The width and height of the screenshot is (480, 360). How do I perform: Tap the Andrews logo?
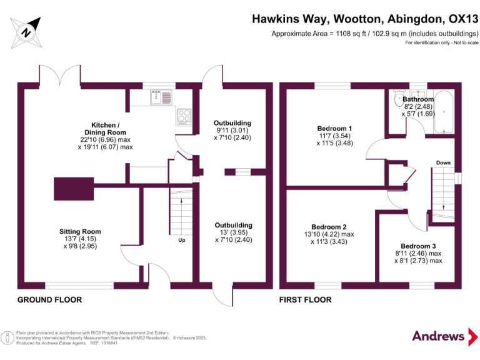click(443, 336)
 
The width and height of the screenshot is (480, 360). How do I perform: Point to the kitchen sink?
click(161, 97)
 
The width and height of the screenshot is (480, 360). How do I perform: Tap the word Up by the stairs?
click(181, 240)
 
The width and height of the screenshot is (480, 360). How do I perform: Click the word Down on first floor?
click(442, 163)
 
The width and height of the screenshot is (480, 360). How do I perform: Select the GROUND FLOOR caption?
click(49, 300)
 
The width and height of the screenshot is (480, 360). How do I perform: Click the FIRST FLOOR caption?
click(306, 300)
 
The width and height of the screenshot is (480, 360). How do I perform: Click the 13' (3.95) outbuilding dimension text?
click(233, 232)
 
